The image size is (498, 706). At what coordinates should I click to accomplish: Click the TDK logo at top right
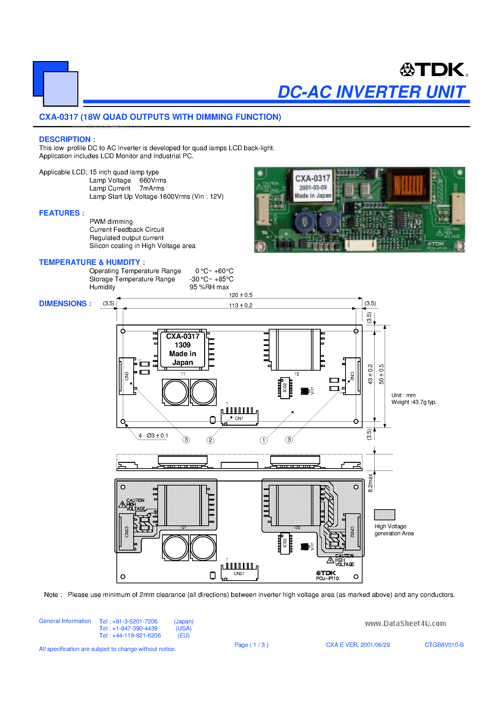coord(434,70)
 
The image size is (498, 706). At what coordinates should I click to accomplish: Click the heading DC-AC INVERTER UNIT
coord(371,92)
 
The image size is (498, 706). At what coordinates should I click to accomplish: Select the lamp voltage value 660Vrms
coord(153,181)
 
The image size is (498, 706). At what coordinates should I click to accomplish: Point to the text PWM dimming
coord(111,222)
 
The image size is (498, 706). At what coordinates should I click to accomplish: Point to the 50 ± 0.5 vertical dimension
coord(381,374)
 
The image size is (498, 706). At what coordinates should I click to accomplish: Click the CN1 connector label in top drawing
coord(239,418)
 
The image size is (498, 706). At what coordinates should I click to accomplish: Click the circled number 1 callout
coord(263,440)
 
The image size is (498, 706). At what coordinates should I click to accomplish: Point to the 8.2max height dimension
coord(370,483)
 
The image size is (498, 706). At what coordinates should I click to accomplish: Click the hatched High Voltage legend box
coord(384,515)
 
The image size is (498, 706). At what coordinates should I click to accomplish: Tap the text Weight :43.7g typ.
coord(414,402)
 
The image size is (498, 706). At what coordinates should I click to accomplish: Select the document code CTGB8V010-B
coord(444,645)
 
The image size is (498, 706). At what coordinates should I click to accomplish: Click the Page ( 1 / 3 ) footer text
coord(251,645)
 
